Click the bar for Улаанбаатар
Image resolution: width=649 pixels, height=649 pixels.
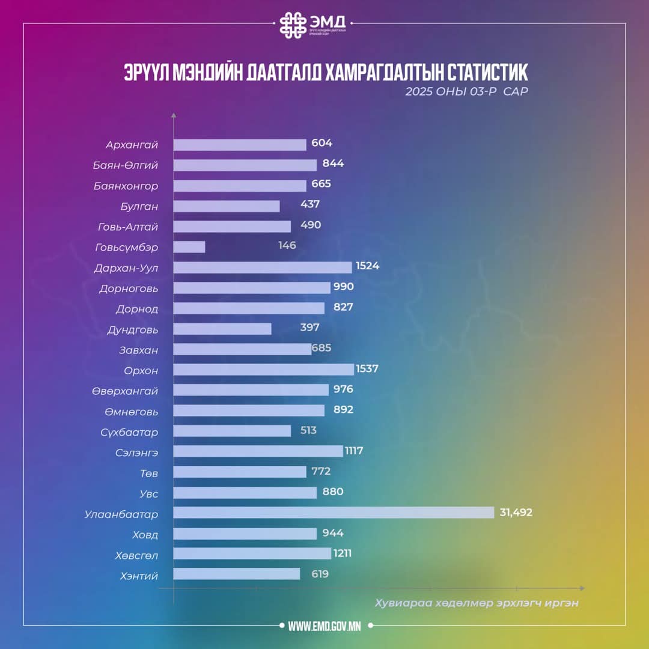(334, 513)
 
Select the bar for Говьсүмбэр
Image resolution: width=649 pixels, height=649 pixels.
(189, 247)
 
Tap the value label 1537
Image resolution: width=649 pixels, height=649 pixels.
(367, 369)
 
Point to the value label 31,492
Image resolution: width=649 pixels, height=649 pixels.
(516, 513)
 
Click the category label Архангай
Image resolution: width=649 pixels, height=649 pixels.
(132, 145)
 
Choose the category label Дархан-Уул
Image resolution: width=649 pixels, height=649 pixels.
(126, 268)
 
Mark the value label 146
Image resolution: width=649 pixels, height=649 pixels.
(287, 246)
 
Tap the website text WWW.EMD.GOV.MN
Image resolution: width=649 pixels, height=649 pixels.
(324, 626)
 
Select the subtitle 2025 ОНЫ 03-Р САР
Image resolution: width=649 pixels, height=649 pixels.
(466, 92)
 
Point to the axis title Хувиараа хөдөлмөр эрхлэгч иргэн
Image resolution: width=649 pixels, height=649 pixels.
(476, 603)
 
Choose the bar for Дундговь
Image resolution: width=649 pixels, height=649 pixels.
(222, 329)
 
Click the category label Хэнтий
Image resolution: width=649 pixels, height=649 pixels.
(139, 576)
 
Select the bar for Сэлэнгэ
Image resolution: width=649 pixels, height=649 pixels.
(258, 451)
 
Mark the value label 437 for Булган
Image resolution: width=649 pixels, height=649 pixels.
(310, 204)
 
